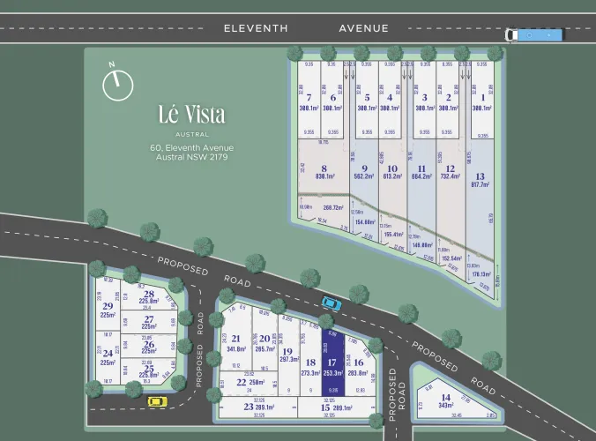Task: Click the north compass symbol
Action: (x=117, y=84)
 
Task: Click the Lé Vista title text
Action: (x=191, y=115)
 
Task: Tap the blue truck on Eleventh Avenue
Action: (x=533, y=34)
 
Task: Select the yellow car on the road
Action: (x=156, y=402)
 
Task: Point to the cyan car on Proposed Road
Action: (x=331, y=303)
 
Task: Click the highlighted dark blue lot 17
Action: (x=332, y=367)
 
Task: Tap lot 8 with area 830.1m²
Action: (x=324, y=171)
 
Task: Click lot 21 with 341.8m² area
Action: (x=236, y=343)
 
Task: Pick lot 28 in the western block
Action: (x=149, y=298)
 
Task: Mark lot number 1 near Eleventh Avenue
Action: (x=481, y=102)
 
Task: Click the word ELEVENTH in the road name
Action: (x=256, y=28)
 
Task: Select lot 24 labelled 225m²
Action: (x=108, y=357)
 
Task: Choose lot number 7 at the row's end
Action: (x=308, y=102)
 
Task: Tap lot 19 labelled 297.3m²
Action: (x=287, y=355)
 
